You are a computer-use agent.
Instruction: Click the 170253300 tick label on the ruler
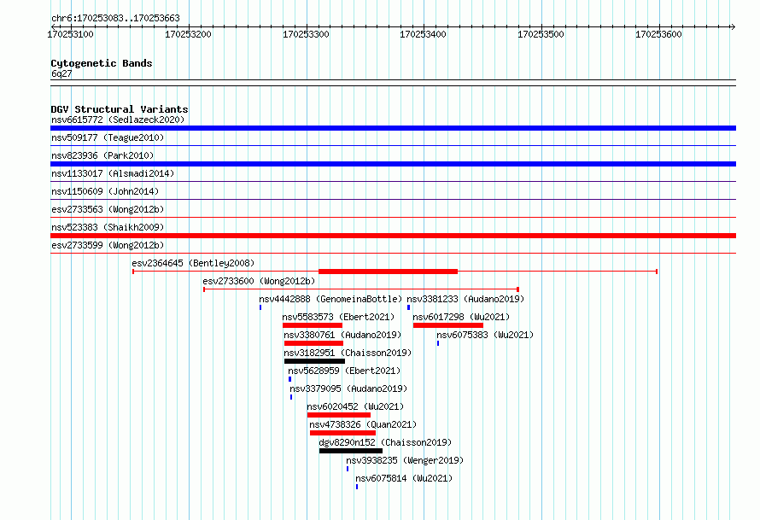(x=306, y=34)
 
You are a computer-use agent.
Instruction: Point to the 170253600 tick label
(x=658, y=34)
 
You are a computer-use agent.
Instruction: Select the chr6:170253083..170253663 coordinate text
(x=115, y=18)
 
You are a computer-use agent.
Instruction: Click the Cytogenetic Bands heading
(x=102, y=63)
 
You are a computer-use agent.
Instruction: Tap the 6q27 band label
(x=61, y=73)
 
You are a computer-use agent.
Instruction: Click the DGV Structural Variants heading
(x=120, y=109)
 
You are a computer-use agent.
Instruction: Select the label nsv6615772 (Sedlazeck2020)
(x=118, y=120)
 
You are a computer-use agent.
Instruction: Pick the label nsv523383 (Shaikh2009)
(x=108, y=227)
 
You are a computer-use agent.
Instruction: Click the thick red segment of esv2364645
(x=388, y=272)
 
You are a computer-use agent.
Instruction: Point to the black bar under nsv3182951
(x=314, y=361)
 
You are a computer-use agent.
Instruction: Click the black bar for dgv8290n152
(x=351, y=451)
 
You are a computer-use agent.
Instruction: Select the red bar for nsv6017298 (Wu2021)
(x=448, y=325)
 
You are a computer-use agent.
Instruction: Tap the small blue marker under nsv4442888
(x=260, y=307)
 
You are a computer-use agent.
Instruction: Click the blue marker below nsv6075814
(x=357, y=487)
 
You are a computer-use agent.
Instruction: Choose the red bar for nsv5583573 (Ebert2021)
(x=313, y=325)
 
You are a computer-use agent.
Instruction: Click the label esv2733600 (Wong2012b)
(x=259, y=281)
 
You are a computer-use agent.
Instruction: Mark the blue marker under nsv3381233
(x=408, y=307)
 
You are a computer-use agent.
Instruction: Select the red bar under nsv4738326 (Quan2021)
(x=342, y=433)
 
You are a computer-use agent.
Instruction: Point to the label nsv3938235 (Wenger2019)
(x=405, y=460)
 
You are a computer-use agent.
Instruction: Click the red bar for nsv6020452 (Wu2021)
(x=339, y=415)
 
